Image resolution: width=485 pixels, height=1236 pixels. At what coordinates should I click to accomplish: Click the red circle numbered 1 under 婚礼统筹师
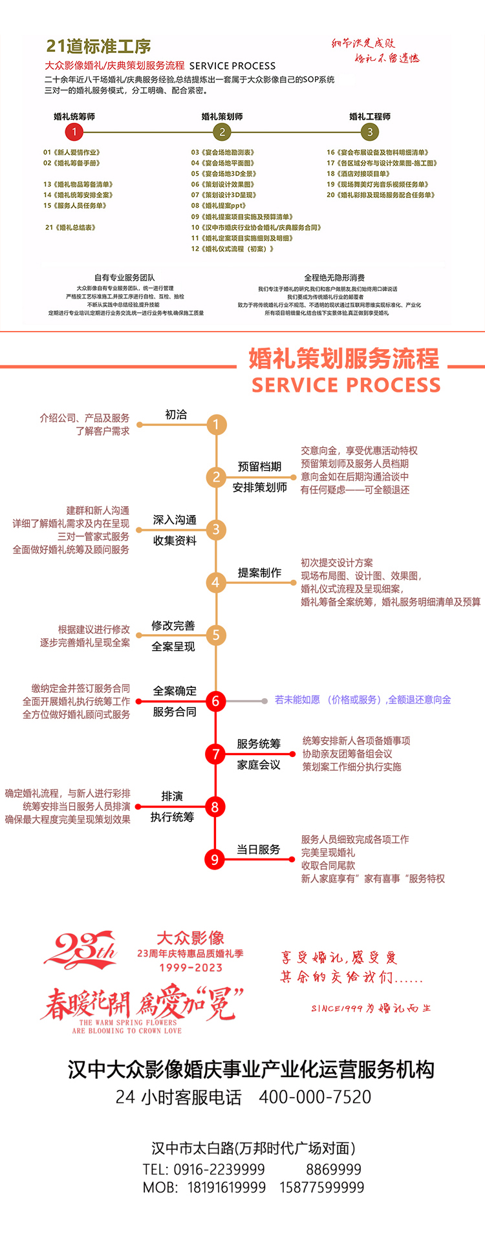coord(74,132)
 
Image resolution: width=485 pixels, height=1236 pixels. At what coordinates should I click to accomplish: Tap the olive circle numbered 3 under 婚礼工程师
coord(370,132)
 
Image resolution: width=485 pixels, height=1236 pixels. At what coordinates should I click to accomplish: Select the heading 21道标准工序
coord(98,47)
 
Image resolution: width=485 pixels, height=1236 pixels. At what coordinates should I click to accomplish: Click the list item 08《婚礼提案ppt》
coord(219,206)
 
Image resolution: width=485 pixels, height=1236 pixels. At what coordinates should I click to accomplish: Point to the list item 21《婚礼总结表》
coord(70,228)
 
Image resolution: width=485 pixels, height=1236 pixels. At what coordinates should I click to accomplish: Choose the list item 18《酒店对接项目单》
coord(358,174)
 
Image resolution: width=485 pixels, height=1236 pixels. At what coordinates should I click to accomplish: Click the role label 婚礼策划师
coord(222,116)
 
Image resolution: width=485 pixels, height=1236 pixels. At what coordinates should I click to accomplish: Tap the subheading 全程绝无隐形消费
coord(334,277)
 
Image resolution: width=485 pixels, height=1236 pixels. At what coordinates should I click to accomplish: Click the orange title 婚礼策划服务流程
coord(343,358)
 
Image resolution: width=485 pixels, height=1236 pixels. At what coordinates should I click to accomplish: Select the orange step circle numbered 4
coord(216,582)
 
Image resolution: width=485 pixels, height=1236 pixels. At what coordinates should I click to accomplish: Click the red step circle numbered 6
coord(216,701)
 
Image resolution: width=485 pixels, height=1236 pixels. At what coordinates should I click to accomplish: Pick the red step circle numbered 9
coord(215,859)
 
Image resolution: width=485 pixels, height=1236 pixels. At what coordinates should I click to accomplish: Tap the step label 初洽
coord(176,414)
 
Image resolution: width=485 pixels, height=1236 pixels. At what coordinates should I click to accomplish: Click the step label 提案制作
coord(259,573)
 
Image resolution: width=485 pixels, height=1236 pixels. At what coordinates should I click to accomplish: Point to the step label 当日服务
coord(258,849)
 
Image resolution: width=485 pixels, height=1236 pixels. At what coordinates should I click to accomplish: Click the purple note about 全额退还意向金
coord(363,699)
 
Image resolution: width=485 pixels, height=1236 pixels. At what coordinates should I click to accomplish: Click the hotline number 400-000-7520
coord(315,1097)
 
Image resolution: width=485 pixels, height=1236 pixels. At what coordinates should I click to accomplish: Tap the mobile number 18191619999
coord(226,1188)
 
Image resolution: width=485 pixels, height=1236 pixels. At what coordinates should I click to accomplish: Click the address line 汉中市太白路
coord(253,1148)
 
